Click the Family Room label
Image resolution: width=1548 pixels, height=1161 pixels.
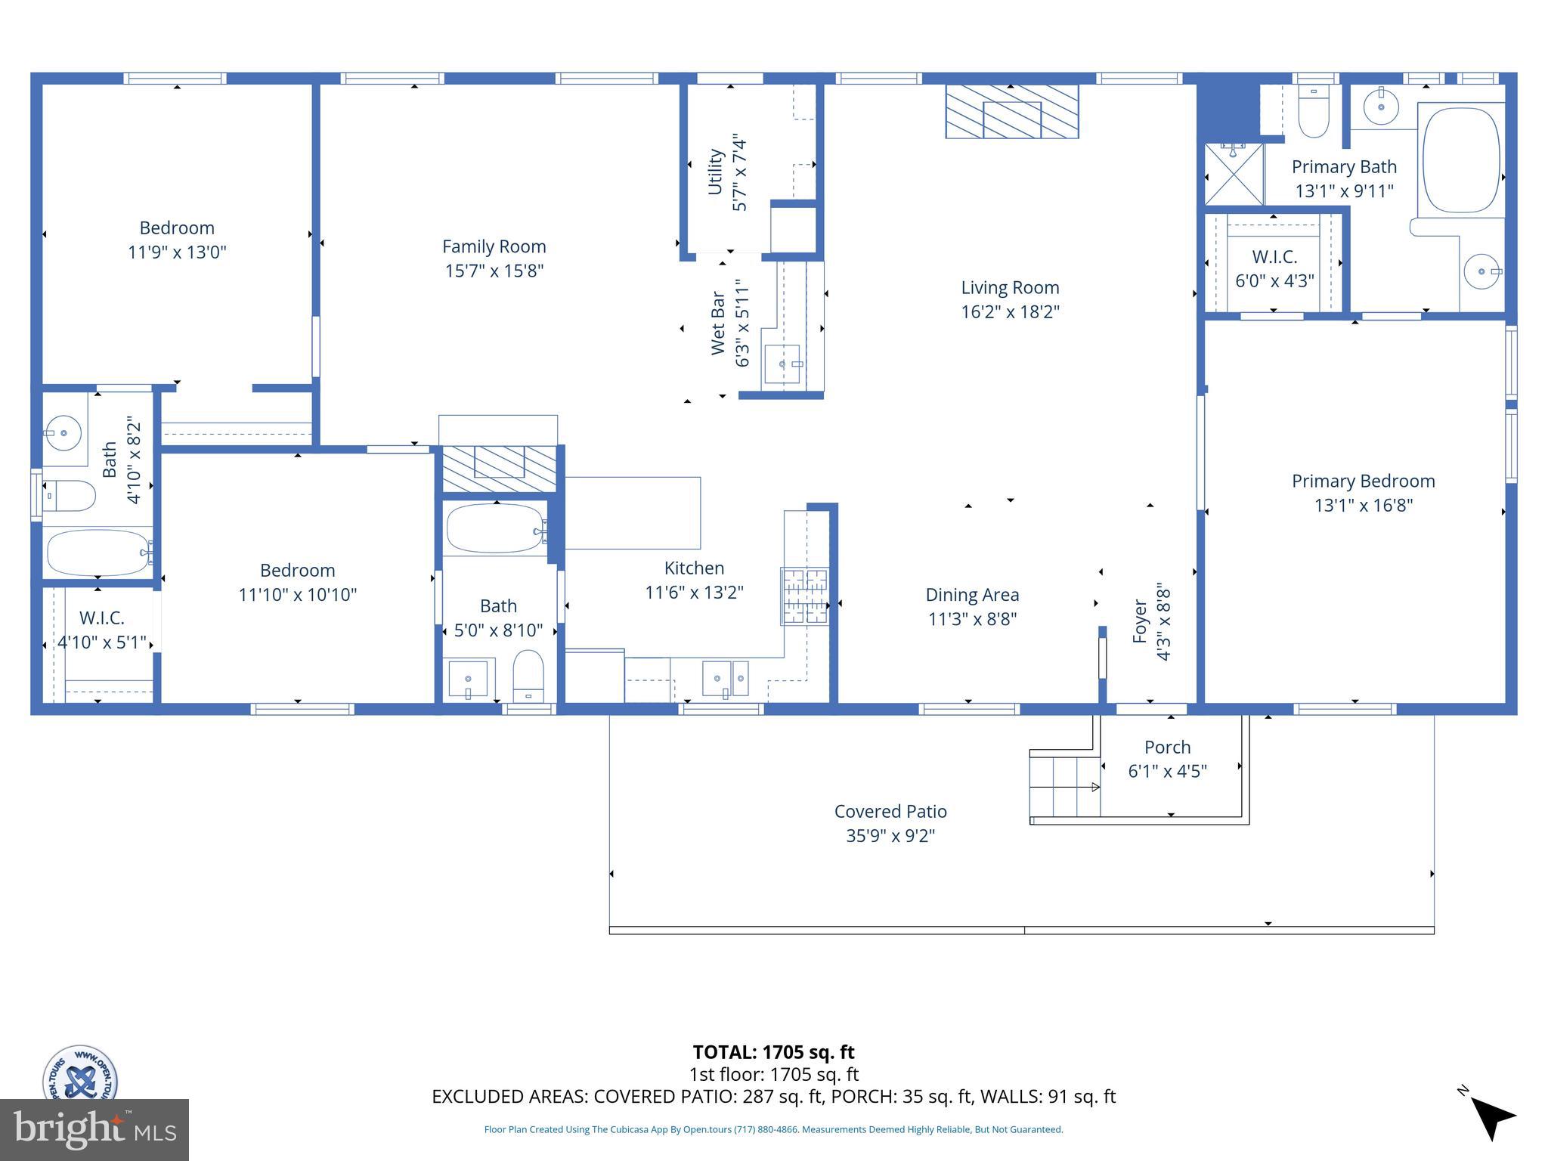point(494,246)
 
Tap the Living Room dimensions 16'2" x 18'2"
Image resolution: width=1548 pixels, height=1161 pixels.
point(1010,311)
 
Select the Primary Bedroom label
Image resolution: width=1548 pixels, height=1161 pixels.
point(1363,481)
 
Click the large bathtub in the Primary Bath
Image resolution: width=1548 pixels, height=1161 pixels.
point(1460,160)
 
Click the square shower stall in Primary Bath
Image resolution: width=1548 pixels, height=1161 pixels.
point(1234,175)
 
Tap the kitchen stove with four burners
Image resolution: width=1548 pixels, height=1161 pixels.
point(804,596)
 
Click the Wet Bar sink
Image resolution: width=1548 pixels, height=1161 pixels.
point(782,365)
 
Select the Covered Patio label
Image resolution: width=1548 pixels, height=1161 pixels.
point(890,811)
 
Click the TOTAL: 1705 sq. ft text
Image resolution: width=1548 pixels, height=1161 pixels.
point(773,1052)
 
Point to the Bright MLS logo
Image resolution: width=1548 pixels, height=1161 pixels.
point(94,1129)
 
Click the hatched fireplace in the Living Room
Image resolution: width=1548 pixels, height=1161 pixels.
point(1011,112)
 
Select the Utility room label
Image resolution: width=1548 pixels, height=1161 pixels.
point(715,172)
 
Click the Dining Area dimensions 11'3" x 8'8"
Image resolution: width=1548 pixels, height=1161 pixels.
point(972,619)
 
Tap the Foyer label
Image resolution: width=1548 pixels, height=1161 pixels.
point(1140,621)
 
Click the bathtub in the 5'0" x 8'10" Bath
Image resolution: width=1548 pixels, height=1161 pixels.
point(494,528)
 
